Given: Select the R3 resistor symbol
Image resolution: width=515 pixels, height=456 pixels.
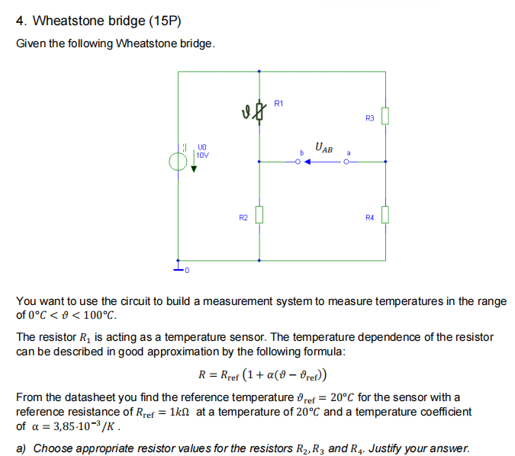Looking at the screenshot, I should pyautogui.click(x=385, y=116).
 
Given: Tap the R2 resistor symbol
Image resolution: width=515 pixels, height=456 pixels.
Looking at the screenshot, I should pyautogui.click(x=259, y=216).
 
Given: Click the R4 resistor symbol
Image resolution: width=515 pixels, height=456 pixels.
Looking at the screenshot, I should pyautogui.click(x=385, y=216).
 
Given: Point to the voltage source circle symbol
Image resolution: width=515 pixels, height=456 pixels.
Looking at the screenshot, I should pyautogui.click(x=178, y=162).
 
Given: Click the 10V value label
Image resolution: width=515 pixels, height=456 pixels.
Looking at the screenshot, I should pyautogui.click(x=203, y=155).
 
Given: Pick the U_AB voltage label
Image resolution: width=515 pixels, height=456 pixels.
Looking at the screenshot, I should pyautogui.click(x=323, y=148).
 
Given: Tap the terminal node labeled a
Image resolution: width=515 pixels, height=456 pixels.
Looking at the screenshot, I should pyautogui.click(x=346, y=162).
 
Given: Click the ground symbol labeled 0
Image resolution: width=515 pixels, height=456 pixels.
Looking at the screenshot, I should pyautogui.click(x=179, y=268).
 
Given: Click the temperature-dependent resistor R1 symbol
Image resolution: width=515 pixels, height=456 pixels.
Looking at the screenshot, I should pyautogui.click(x=259, y=115).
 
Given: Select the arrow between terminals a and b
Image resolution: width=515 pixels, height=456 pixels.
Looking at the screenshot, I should pyautogui.click(x=323, y=162).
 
